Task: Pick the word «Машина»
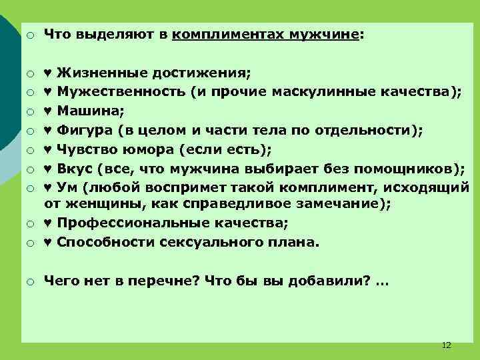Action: coord(84,111)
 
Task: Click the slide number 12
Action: coord(447,345)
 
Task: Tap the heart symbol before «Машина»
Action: coord(48,111)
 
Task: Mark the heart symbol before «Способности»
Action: coord(48,243)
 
